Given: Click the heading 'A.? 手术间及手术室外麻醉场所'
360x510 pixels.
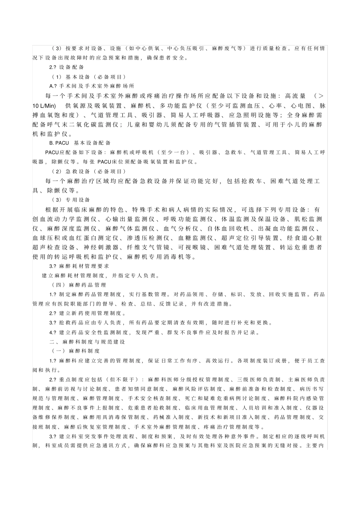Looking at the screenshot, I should (92, 86).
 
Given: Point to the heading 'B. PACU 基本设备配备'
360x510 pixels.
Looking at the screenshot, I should (80, 143).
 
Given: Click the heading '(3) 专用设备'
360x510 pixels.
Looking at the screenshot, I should (71, 200).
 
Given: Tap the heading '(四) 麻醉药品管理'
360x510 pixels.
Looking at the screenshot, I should (79, 285).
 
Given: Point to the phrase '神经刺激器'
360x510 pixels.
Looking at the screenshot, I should (101, 248).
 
